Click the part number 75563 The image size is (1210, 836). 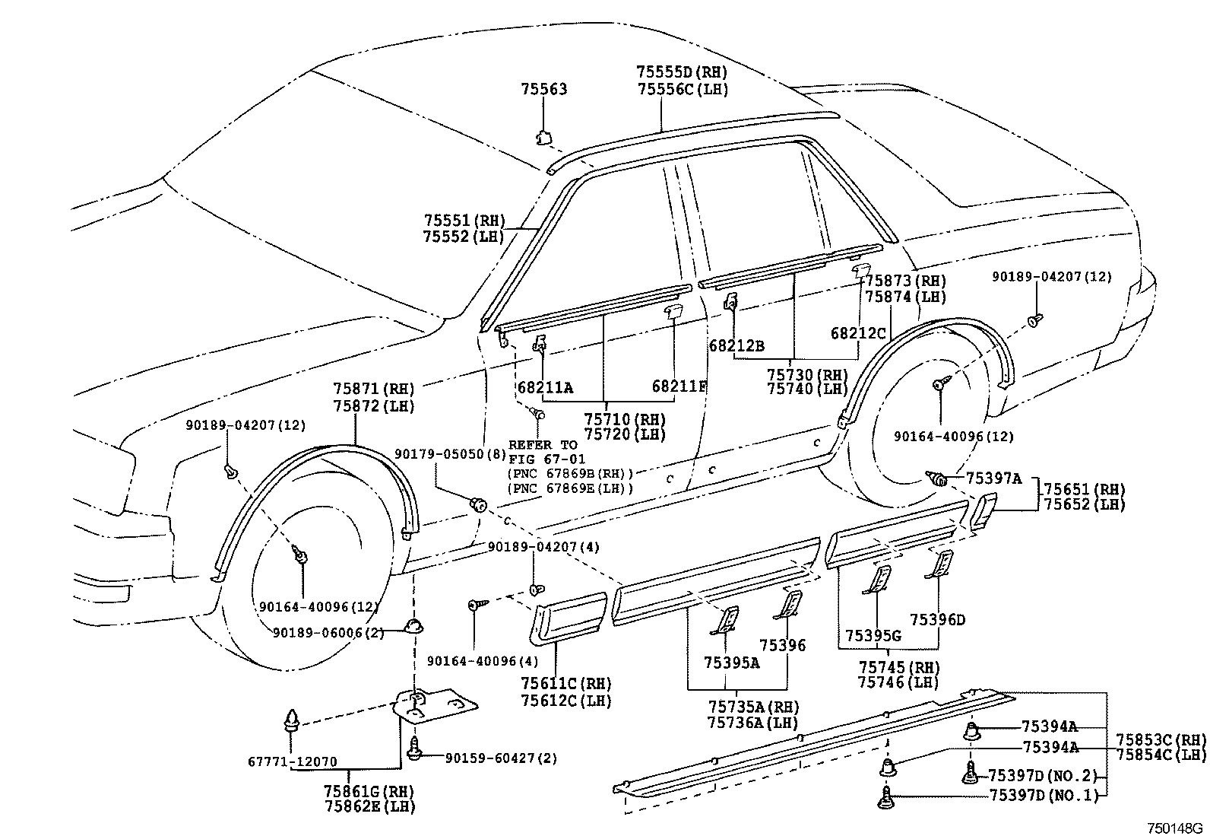[x=544, y=89]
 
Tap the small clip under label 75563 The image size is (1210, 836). [x=543, y=138]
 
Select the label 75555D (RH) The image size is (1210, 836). [x=682, y=72]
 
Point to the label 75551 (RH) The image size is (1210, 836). [x=464, y=221]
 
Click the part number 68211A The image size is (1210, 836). [x=545, y=388]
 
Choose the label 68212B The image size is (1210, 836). [x=736, y=345]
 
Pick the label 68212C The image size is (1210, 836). [x=858, y=333]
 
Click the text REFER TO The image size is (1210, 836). [x=543, y=445]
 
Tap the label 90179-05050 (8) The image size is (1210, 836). [x=450, y=453]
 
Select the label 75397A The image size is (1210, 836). [x=993, y=478]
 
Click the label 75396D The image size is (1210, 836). [x=937, y=620]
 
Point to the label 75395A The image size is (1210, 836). [x=731, y=663]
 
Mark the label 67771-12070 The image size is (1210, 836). [x=292, y=761]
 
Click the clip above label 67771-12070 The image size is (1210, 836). [x=292, y=721]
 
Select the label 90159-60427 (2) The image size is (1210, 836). [x=501, y=758]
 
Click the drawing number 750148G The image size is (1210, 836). [x=1175, y=828]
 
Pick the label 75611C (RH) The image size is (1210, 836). [x=566, y=684]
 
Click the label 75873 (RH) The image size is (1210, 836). [x=906, y=281]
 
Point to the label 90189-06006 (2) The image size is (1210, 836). [x=328, y=633]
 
